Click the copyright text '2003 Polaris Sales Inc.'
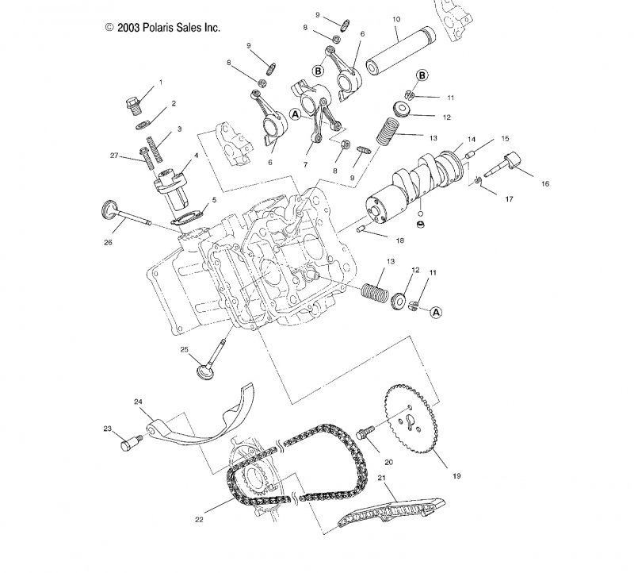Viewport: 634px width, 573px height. coord(162,27)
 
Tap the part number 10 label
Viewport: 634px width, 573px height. coord(396,18)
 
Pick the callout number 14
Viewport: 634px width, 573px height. coord(471,139)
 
